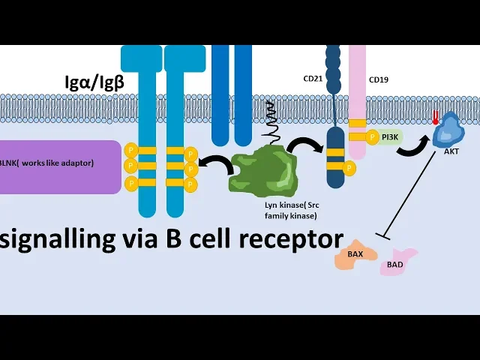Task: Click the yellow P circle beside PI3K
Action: click(373, 136)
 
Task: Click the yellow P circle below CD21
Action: click(349, 169)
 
